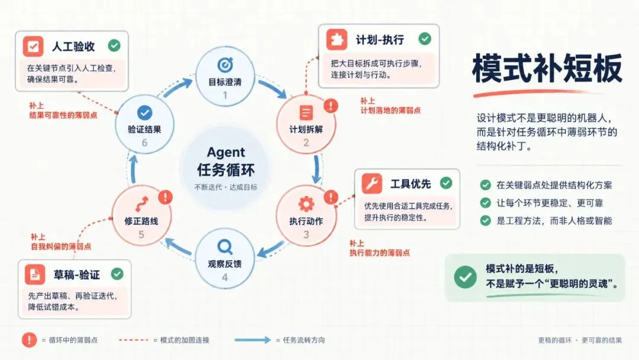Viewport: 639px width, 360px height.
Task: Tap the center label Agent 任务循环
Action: tap(226, 162)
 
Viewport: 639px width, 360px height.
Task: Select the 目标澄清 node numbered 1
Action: tap(225, 76)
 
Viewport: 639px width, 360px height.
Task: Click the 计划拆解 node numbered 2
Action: tap(306, 124)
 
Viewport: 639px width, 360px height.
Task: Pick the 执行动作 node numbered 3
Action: tap(306, 216)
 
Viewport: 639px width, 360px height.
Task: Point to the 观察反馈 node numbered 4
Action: tap(225, 259)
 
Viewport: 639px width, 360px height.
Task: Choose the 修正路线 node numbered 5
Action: tap(141, 216)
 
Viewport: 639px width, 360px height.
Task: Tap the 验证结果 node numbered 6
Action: tap(145, 124)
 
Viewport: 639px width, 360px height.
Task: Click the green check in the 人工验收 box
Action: tap(114, 45)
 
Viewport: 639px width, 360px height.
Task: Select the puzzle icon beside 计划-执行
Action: tap(337, 40)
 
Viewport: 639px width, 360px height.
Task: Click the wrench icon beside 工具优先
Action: tap(372, 184)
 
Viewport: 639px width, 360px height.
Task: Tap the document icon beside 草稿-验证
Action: tap(35, 274)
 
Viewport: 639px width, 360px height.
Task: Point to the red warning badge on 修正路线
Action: tap(165, 197)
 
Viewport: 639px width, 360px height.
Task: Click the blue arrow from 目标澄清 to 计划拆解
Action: tap(273, 88)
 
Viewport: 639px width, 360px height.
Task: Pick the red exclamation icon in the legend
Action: tap(30, 340)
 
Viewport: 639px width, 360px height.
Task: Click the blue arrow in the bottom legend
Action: tap(252, 340)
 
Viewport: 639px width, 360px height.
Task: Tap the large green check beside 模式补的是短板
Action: tap(465, 277)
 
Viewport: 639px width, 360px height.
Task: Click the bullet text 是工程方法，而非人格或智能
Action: tap(554, 221)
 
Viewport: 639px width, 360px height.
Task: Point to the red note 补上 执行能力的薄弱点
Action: tap(379, 248)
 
